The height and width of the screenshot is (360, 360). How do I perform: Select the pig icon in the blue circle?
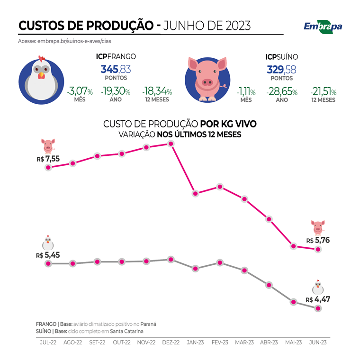click(207, 79)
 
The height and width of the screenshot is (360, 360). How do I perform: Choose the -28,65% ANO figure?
click(281, 91)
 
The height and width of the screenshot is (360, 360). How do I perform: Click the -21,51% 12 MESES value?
click(323, 91)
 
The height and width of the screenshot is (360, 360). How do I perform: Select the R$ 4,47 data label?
click(317, 299)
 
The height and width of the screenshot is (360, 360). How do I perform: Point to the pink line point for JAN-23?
click(195, 193)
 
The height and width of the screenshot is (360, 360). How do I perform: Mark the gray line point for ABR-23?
click(269, 285)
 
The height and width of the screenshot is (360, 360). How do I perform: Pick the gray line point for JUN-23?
click(318, 308)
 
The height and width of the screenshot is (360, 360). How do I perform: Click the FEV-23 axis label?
click(220, 342)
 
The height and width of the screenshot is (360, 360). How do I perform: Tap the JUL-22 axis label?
click(48, 342)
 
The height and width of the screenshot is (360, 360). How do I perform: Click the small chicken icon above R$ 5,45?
click(48, 243)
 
